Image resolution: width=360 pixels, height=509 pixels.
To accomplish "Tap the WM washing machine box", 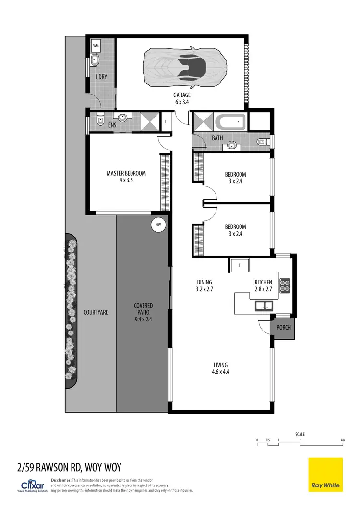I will point(96,46).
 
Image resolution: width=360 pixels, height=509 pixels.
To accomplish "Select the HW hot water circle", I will point(158,224).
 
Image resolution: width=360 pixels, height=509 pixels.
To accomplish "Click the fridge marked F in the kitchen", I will point(238,265).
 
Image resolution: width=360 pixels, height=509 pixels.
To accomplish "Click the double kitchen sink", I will point(264,306).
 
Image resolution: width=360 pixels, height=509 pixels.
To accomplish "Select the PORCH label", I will point(283,328).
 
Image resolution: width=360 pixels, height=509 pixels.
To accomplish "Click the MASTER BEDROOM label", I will point(126,177).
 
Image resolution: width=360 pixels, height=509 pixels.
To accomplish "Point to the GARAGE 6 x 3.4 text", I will point(182,98).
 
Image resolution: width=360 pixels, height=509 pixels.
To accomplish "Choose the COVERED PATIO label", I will point(143,312).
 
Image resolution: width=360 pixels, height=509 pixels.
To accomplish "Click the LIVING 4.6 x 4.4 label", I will point(221,368).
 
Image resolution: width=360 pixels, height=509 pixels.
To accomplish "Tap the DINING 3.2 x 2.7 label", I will point(204,286).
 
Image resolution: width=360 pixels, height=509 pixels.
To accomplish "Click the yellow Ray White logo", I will point(325,474).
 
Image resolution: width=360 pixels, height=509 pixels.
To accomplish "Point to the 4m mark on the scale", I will point(342,440).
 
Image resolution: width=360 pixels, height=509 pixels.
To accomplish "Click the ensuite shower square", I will point(149,122).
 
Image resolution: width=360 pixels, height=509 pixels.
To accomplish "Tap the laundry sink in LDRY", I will point(95,61).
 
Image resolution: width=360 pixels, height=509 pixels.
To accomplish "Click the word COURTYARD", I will point(96,312).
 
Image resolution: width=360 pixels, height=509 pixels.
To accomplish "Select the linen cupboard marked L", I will point(166,122).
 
